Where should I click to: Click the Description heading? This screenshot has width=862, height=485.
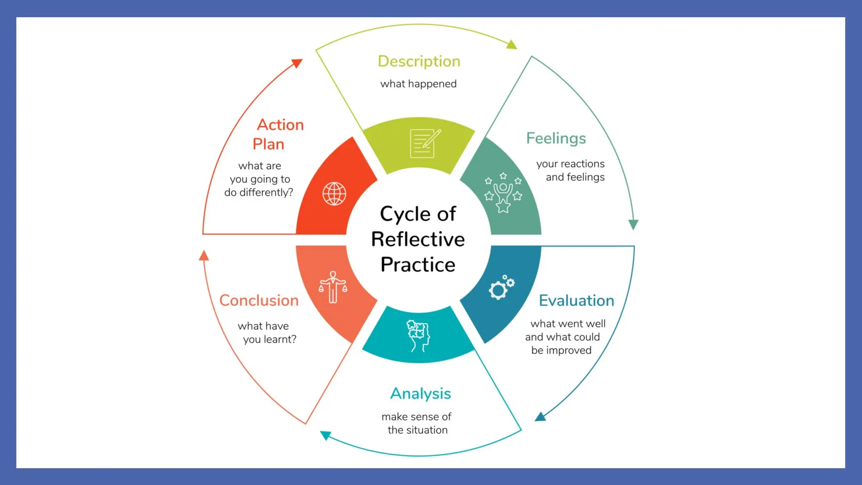coord(419,61)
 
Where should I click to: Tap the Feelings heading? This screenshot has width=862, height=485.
coord(556,139)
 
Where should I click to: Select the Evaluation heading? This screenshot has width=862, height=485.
coord(576,301)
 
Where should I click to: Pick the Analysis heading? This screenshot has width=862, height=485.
coord(420,394)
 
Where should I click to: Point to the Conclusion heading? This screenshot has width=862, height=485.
coord(259,301)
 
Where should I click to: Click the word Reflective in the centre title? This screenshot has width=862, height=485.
coord(418,239)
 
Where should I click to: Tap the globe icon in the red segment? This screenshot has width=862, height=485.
coord(334,194)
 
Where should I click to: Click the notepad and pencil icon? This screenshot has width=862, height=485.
coord(424,144)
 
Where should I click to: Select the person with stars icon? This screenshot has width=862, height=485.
coord(503,192)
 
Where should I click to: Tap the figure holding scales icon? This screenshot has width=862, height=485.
coord(333,287)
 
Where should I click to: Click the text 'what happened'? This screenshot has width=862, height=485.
coord(418,84)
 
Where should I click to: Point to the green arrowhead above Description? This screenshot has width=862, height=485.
coord(512,45)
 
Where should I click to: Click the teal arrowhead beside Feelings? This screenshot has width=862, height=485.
coord(633,224)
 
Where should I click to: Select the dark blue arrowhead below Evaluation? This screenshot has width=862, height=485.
coord(540,417)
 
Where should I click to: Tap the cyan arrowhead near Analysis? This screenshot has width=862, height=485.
coord(325,435)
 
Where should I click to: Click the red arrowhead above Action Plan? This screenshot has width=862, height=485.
coord(298,63)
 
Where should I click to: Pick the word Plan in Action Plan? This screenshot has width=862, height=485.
coord(268,144)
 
